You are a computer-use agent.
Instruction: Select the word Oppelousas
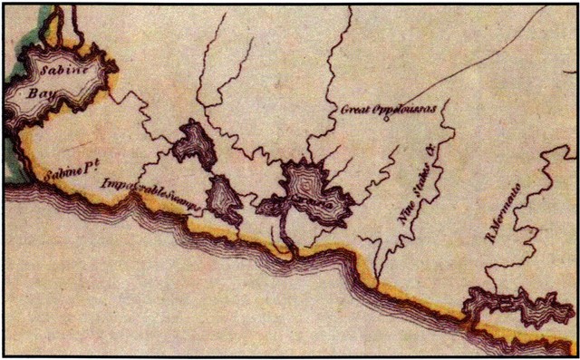[406, 108]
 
